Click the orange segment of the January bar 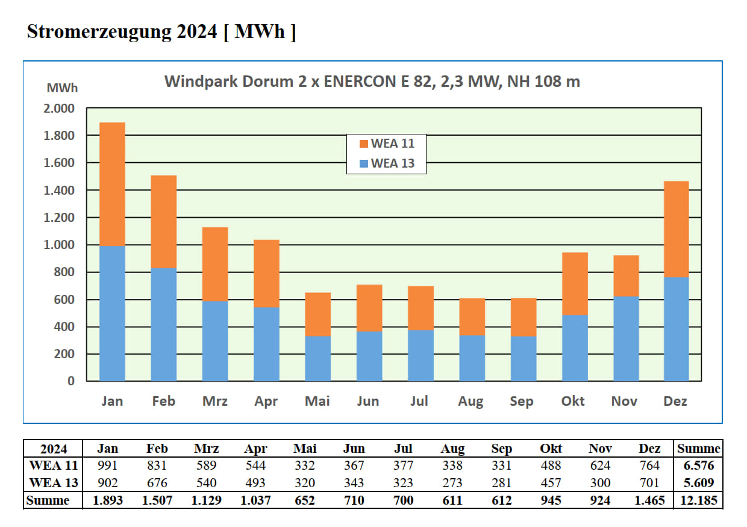112,184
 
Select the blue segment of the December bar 676,329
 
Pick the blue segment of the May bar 318,358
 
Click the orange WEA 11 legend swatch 363,144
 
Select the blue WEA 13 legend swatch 363,163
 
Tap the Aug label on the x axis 470,402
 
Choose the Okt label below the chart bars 573,401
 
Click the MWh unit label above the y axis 62,88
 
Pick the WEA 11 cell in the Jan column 108,465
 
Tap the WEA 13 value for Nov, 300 600,483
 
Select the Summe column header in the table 699,449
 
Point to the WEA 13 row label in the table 54,483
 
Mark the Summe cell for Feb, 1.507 157,500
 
